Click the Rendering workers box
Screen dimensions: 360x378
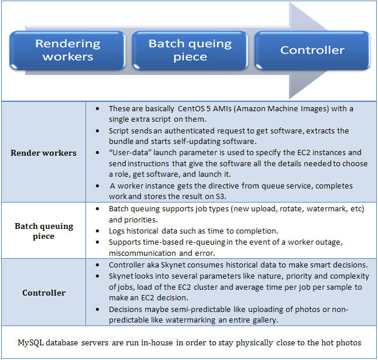(68, 50)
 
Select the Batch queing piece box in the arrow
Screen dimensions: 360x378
(190, 50)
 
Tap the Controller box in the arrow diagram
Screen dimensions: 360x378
(312, 50)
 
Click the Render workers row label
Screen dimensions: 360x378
(44, 153)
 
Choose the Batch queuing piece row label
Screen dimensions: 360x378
(44, 231)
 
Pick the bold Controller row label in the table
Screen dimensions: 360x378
(44, 292)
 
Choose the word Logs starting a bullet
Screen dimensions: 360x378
(118, 230)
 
